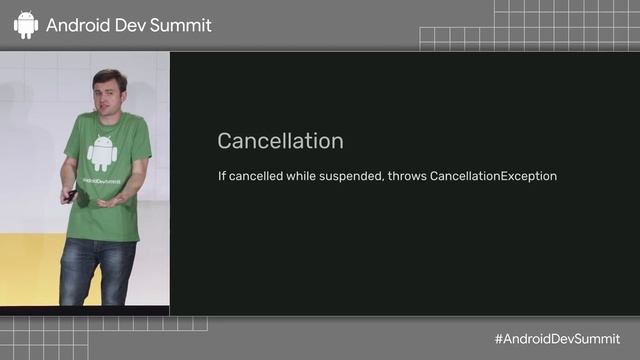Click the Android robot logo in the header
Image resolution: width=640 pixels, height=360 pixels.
click(x=26, y=25)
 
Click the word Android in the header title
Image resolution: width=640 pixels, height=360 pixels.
click(x=78, y=26)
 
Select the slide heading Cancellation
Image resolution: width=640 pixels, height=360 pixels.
click(x=280, y=141)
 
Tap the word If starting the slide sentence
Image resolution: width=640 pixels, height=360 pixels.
click(x=222, y=176)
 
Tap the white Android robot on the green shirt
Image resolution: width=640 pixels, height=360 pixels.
click(x=102, y=151)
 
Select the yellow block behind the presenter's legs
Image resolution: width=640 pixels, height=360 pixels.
click(x=30, y=270)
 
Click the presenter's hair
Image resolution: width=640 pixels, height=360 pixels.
click(x=108, y=76)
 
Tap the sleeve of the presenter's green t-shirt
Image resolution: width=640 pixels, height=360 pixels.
click(x=140, y=140)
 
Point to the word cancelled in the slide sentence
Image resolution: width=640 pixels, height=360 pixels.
click(x=259, y=176)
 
